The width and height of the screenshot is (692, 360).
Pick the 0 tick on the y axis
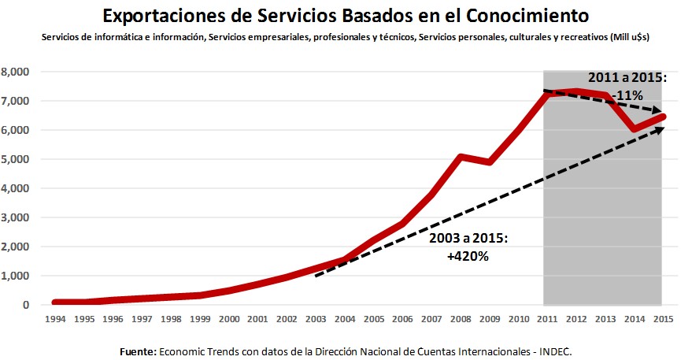click(x=26, y=305)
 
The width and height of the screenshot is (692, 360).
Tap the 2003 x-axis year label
click(x=316, y=319)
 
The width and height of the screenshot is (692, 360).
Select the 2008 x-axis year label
click(x=460, y=319)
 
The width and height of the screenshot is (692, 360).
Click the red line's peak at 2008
click(x=460, y=157)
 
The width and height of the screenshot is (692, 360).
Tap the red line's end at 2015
click(x=661, y=117)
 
